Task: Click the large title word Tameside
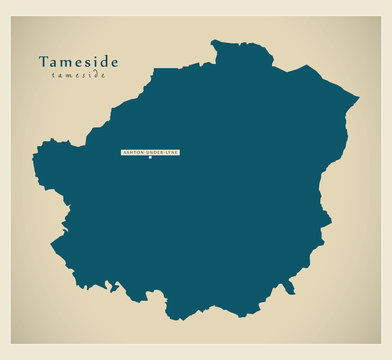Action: pyautogui.click(x=78, y=62)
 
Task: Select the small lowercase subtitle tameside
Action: pyautogui.click(x=78, y=76)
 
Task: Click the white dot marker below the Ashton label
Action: pyautogui.click(x=150, y=157)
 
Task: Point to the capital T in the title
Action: pyautogui.click(x=44, y=62)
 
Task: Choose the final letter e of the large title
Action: pyautogui.click(x=114, y=63)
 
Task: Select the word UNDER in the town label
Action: pyautogui.click(x=152, y=152)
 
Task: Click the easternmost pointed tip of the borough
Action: pyautogui.click(x=358, y=97)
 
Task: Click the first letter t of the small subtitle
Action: pyautogui.click(x=55, y=76)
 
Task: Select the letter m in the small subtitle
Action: pyautogui.click(x=69, y=76)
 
